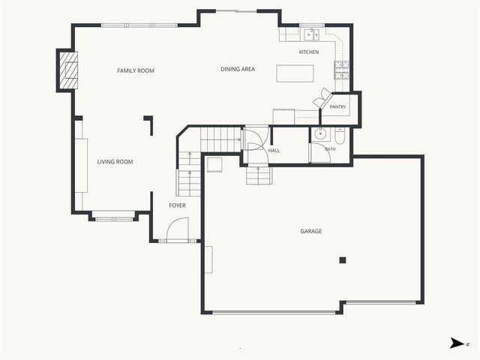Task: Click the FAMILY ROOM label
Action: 136,70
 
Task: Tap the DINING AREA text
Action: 238,69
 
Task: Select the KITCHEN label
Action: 309,52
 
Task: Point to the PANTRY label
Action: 337,106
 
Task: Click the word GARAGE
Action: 311,231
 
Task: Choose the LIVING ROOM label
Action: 115,162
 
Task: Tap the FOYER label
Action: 177,205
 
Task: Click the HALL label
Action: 274,151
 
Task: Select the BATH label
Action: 330,149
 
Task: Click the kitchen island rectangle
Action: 295,73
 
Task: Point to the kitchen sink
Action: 312,34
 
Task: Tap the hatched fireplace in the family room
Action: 68,70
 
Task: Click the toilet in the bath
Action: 340,136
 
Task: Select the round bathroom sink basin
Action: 320,133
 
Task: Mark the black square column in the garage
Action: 343,260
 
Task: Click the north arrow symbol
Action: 457,343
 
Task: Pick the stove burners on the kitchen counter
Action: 341,70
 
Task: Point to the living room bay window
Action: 114,219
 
